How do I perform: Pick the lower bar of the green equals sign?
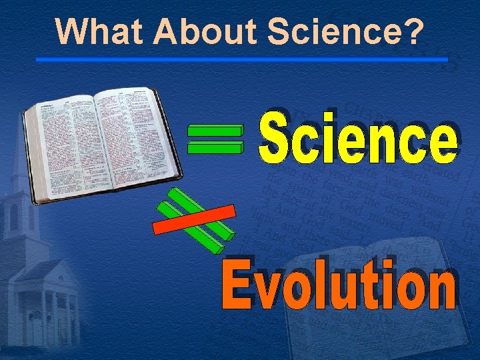pos(215,147)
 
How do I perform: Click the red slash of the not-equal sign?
pos(193,219)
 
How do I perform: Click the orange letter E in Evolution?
pos(237,287)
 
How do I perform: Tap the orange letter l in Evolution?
pos(323,287)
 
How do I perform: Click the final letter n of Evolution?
pos(441,293)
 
